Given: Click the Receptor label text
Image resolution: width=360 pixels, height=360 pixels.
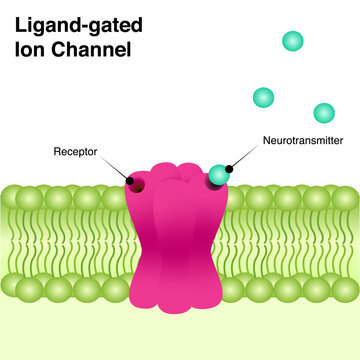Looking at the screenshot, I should [x=76, y=153].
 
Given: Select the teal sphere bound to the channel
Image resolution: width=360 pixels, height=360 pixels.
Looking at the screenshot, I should [x=219, y=175].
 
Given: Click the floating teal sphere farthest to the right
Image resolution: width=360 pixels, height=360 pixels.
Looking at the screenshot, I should [x=323, y=113].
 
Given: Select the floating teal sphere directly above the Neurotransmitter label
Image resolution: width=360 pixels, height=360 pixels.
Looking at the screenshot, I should [x=263, y=97].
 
